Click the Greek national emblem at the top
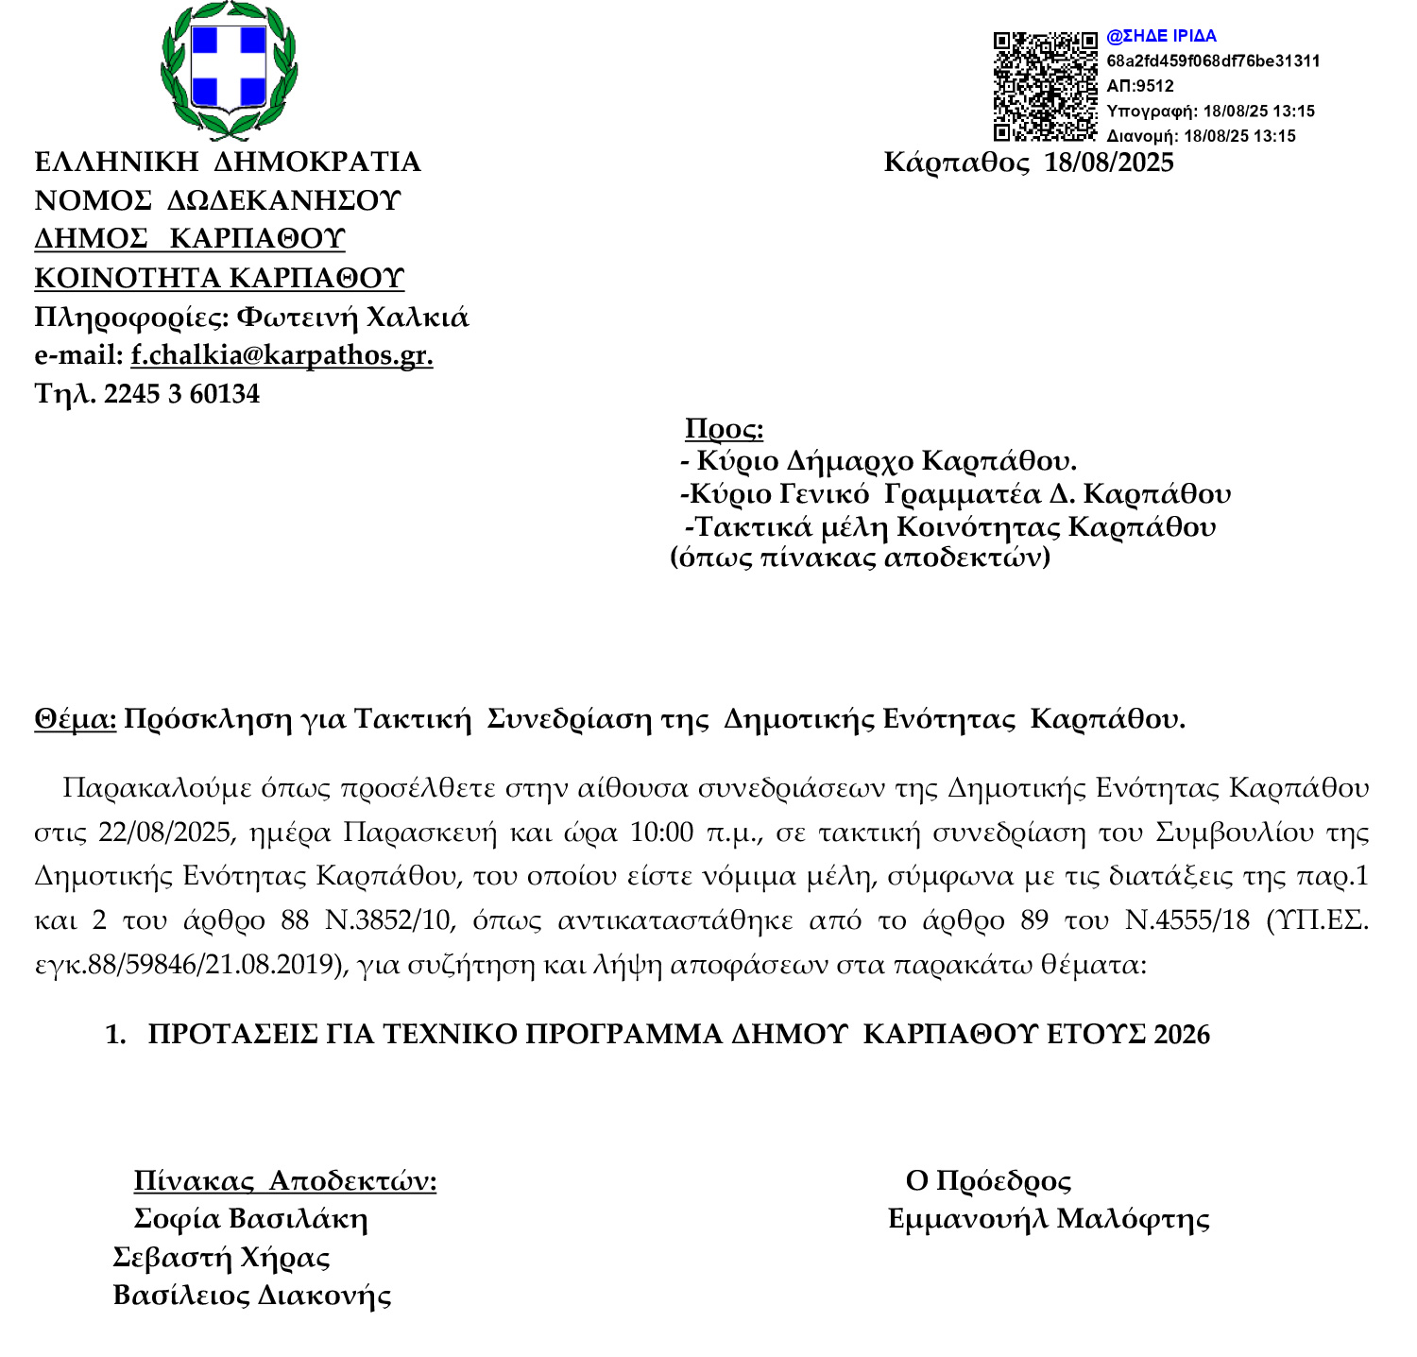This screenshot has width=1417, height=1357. pos(228,68)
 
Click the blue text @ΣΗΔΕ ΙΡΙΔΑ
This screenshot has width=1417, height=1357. pos(1161,37)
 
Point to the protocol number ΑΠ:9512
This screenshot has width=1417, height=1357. pos(1139,86)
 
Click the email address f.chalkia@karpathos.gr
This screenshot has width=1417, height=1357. pos(282,355)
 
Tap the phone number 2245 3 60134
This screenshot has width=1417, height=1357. pos(181,394)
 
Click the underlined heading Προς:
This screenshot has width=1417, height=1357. pos(724,429)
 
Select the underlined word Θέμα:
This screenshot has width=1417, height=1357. pos(76,719)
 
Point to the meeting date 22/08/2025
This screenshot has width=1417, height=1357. pos(164,833)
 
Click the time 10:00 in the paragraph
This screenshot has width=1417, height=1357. pos(661,833)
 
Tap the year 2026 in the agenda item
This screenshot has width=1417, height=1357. pos(1182,1035)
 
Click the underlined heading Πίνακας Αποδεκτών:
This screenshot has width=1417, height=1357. pos(284,1181)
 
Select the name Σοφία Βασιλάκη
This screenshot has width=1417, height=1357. pos(250,1219)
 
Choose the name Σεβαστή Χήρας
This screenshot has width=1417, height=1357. pos(221,1258)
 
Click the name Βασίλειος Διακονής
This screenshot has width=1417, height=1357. pos(251,1296)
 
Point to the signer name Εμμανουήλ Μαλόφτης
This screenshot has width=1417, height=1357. pos(1049,1219)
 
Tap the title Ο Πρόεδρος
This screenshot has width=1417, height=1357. pos(988,1181)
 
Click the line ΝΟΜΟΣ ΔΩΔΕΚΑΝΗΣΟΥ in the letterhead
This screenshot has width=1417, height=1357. pos(217,201)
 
